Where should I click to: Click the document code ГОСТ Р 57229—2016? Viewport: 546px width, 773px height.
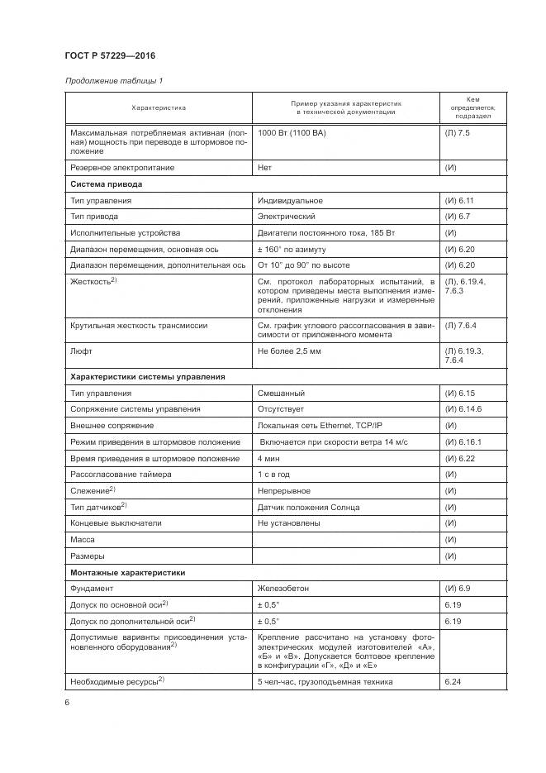[110, 56]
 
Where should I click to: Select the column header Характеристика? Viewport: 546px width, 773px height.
[159, 107]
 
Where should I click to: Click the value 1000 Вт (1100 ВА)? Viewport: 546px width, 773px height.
[292, 133]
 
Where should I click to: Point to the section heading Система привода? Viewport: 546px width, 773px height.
[107, 184]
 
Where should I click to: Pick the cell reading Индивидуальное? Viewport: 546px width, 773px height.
[290, 201]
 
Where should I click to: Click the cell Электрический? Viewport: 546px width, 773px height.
[287, 217]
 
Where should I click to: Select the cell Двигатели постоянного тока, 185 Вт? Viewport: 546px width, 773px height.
[326, 233]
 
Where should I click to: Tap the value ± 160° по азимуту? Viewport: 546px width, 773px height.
[292, 249]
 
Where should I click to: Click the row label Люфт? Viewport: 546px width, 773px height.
[81, 351]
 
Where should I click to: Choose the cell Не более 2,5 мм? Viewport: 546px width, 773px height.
[290, 351]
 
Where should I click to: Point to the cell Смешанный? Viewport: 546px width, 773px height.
[281, 394]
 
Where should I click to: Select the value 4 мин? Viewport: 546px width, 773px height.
[268, 458]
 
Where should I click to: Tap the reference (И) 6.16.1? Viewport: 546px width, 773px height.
[463, 442]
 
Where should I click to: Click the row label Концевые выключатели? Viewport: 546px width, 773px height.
[116, 523]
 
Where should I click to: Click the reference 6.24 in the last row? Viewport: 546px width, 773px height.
[452, 681]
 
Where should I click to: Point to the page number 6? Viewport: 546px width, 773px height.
[68, 702]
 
